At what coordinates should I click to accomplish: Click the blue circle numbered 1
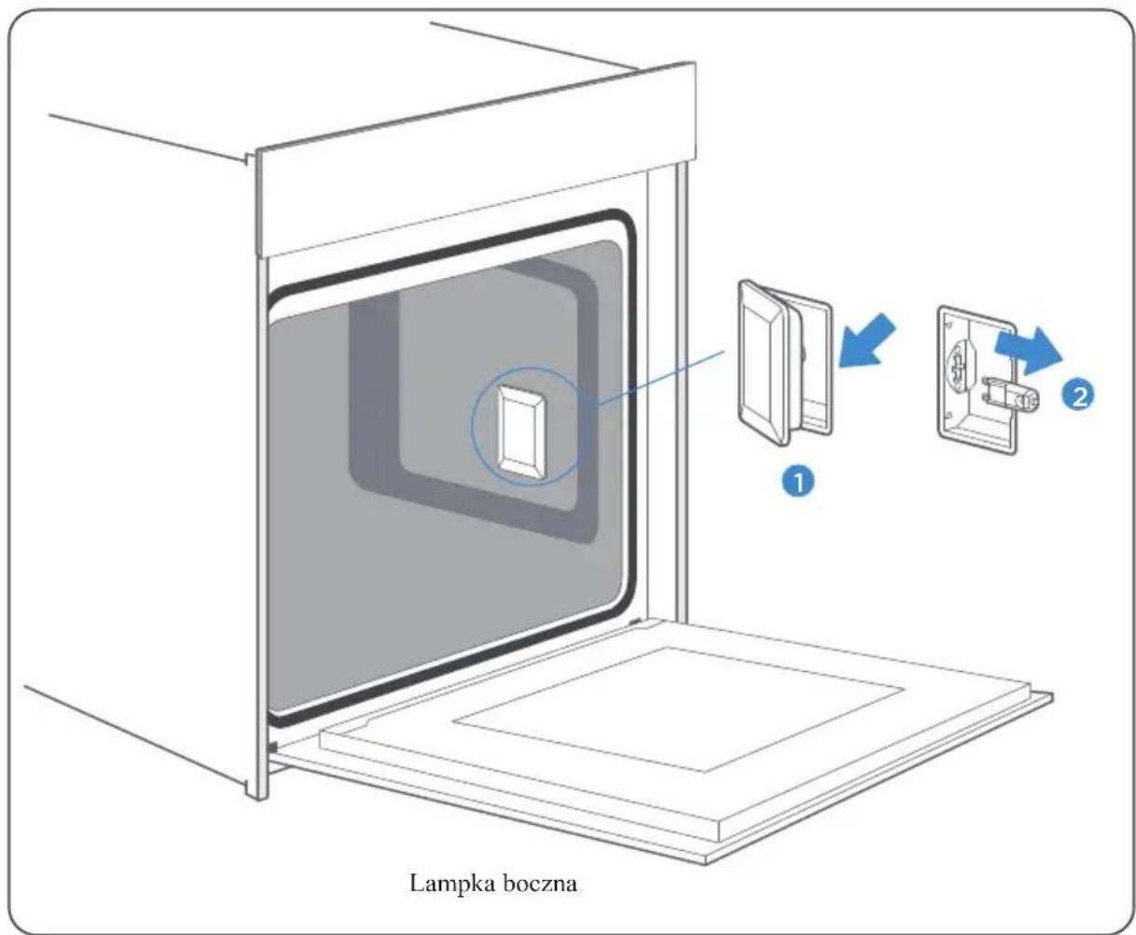pos(798,482)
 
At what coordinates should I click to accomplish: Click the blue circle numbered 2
pos(1078,395)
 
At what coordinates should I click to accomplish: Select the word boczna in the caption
pos(542,884)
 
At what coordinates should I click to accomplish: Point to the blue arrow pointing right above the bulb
pos(1028,351)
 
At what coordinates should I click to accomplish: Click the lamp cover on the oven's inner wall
pos(520,429)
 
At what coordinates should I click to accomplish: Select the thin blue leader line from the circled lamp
pos(660,378)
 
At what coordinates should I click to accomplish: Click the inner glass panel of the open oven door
pos(677,708)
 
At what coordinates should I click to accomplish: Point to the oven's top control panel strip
pos(476,161)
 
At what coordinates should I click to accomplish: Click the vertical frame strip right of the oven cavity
pos(681,392)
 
